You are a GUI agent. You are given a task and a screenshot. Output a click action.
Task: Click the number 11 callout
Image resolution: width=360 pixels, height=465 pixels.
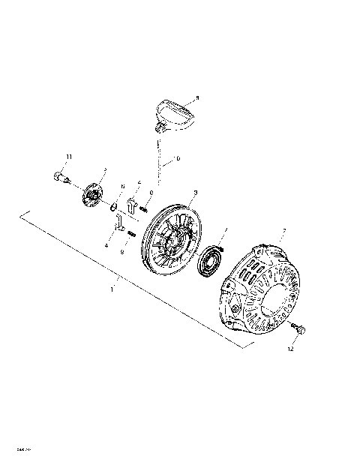tap(68, 155)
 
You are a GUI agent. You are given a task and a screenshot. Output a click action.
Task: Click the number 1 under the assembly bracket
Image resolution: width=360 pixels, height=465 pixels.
tap(133, 287)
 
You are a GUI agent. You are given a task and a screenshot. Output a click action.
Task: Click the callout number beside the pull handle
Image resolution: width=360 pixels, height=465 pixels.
tap(197, 97)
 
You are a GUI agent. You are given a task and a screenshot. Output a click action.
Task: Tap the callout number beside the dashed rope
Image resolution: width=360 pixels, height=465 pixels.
tap(178, 158)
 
